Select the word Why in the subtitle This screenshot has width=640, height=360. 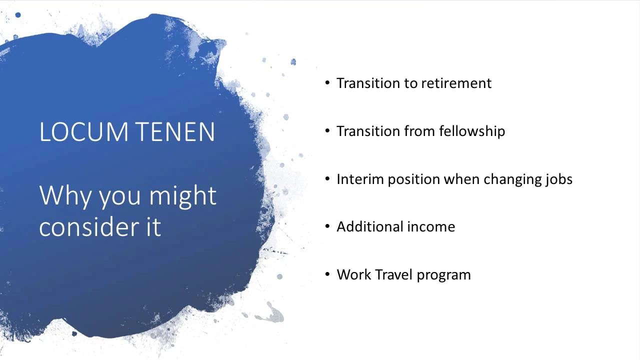(65, 196)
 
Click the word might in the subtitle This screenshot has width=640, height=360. (183, 196)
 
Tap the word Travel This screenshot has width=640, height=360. (393, 274)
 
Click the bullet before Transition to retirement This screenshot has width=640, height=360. (327, 82)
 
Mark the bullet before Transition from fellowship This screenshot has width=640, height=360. (327, 130)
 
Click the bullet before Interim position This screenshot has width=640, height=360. (327, 178)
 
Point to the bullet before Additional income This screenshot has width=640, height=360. (327, 226)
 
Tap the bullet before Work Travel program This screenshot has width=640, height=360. (327, 274)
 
